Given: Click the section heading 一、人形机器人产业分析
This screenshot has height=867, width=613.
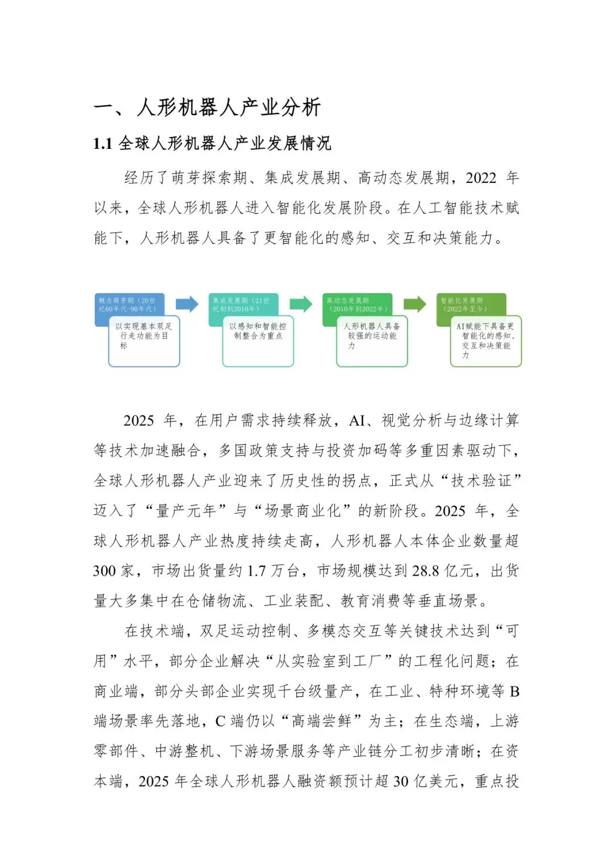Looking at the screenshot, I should (207, 107).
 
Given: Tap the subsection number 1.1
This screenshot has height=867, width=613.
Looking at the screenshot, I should (103, 144).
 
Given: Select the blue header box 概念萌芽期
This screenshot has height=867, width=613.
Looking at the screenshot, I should (129, 304).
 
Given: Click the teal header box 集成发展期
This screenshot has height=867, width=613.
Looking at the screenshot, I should (242, 304).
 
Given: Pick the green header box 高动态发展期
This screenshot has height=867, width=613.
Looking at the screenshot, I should (357, 304).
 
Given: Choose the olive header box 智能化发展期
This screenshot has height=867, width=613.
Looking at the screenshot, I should (471, 304).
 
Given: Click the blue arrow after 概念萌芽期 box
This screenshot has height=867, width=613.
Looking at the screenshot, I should (187, 304).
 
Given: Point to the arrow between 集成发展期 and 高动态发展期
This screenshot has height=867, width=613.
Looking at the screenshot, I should (301, 304).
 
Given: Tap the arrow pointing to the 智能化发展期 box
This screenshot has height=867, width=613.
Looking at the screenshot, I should (415, 304).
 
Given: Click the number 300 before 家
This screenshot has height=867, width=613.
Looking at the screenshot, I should (104, 571).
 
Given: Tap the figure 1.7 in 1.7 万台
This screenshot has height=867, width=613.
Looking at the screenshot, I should (256, 571).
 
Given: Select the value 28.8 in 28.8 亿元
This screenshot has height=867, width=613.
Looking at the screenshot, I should (426, 571).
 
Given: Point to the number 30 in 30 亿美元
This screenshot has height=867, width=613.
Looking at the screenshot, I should (401, 782).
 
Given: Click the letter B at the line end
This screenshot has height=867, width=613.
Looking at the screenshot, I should (514, 691).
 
